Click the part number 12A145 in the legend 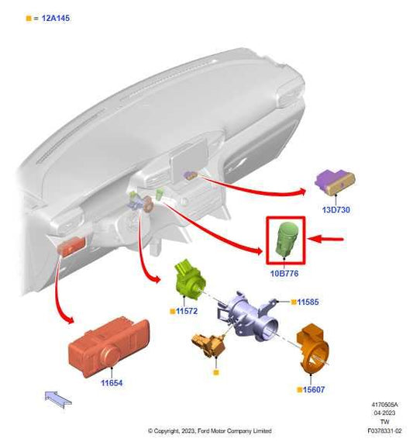coord(56,19)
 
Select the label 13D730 coord(336,209)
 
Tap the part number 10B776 coord(284,274)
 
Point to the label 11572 coord(187,311)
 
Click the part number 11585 coord(308,302)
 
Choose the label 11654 coord(112,383)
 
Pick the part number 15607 coord(314,389)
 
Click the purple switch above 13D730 coord(335,181)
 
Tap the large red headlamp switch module coord(109,347)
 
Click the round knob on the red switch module coord(111,356)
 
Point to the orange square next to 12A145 coord(29,19)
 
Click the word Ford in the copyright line coord(202,430)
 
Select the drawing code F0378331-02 coord(384,430)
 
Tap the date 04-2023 coord(384,413)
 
